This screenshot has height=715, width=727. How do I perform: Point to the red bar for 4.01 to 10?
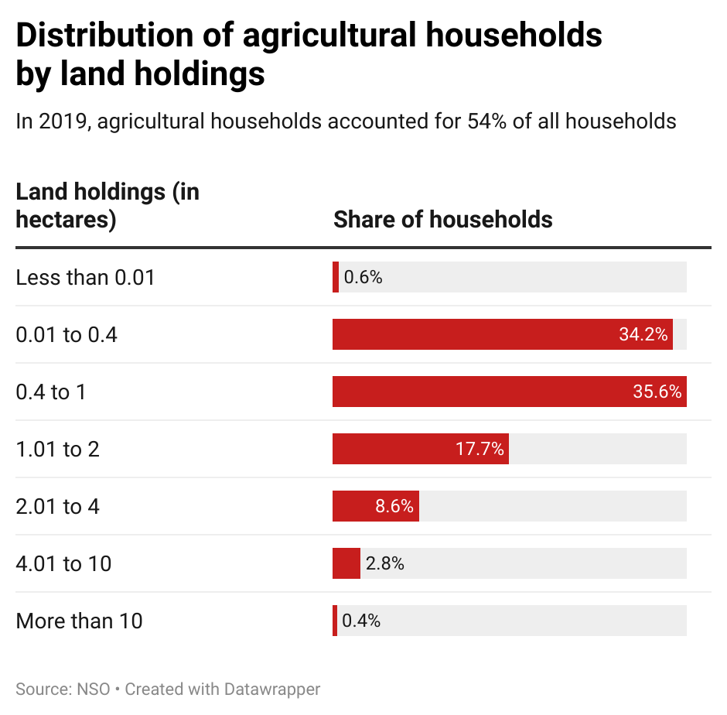pyautogui.click(x=346, y=563)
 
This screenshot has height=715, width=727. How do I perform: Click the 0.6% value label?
pyautogui.click(x=363, y=277)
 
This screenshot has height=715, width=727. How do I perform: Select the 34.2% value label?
pyautogui.click(x=643, y=334)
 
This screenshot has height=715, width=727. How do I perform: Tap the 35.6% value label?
pyautogui.click(x=657, y=392)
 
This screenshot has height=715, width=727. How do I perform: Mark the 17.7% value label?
pyautogui.click(x=480, y=449)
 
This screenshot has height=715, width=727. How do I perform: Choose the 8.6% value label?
pyautogui.click(x=394, y=506)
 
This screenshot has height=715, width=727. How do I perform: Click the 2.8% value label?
pyautogui.click(x=385, y=563)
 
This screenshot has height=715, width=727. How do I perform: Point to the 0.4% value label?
pyautogui.click(x=361, y=621)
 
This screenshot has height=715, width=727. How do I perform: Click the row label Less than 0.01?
pyautogui.click(x=85, y=277)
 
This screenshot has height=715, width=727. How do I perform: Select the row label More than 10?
pyautogui.click(x=79, y=621)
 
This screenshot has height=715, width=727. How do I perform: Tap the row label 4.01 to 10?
pyautogui.click(x=63, y=563)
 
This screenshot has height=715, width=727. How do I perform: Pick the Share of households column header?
pyautogui.click(x=442, y=219)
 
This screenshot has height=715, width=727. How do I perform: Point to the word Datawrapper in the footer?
pyautogui.click(x=272, y=689)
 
